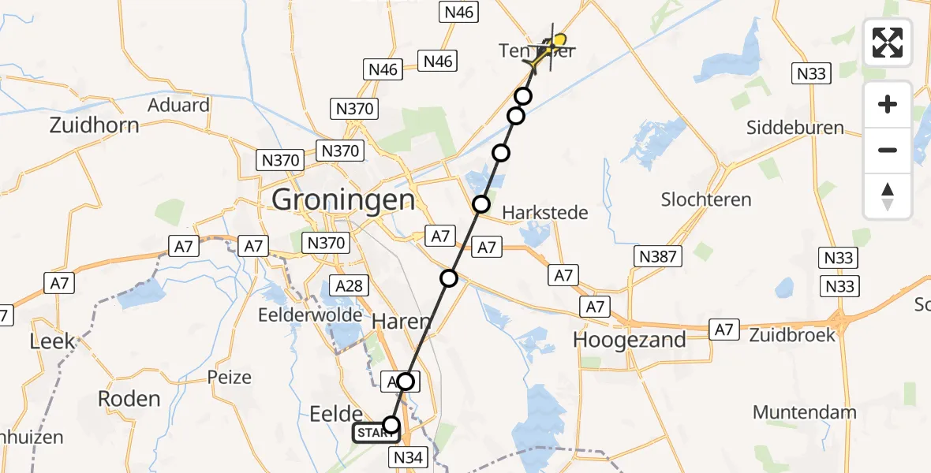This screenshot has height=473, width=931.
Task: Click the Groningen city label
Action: pos(343,199)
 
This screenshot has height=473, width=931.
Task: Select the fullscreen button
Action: pos(888,43)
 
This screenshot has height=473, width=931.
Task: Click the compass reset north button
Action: pos(888,196)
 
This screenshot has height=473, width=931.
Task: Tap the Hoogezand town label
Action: pos(630,340)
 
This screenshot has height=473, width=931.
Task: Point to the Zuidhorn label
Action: pos(94,125)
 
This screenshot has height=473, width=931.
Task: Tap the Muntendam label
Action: pos(805,412)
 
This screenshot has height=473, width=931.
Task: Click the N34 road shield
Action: pos(408,456)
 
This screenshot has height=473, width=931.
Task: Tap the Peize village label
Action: pos(230,377)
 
